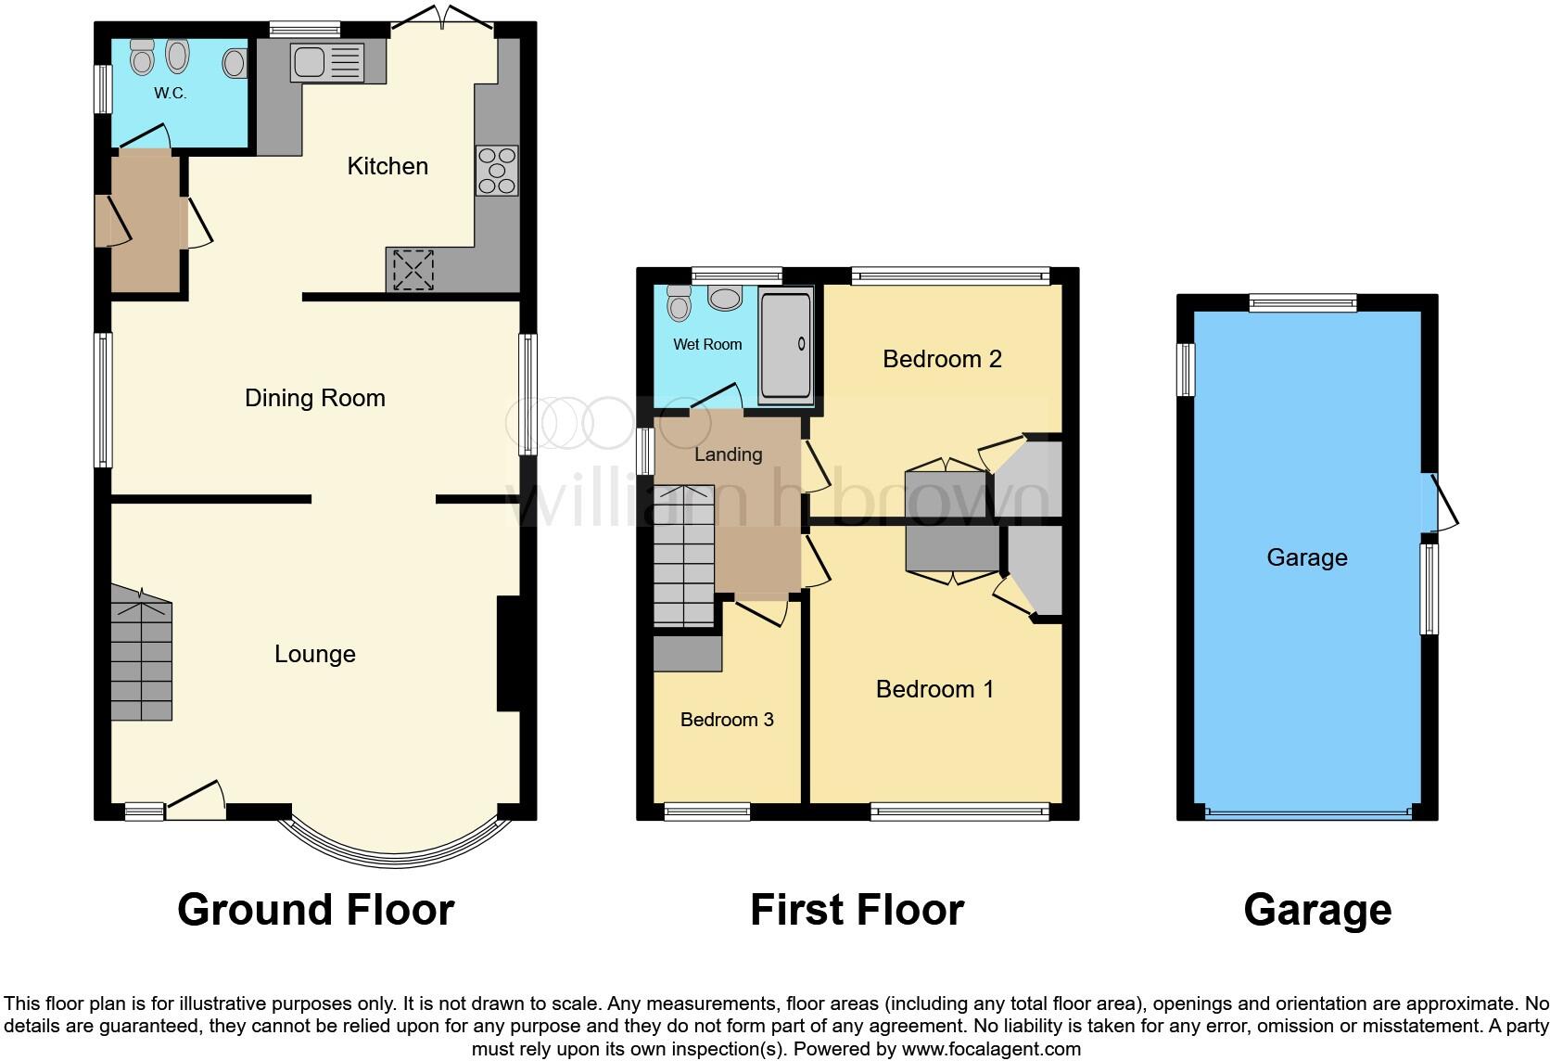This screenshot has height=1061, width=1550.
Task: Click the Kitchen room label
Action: (387, 166)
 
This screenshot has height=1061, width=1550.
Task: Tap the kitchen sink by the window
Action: (327, 62)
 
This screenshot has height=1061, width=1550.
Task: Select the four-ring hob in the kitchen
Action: (497, 172)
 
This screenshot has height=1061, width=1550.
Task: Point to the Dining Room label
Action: (314, 398)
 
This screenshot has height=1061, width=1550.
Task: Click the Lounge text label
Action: (314, 654)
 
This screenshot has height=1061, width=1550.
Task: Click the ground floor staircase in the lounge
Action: (141, 658)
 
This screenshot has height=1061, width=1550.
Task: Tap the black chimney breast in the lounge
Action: (508, 654)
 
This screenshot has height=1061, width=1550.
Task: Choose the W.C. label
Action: (171, 93)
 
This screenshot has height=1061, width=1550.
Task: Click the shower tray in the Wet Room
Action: (785, 344)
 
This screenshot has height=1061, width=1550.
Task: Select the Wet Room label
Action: (707, 344)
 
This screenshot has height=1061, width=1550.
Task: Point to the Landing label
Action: (728, 454)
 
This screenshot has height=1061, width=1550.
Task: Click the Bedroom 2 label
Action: (942, 359)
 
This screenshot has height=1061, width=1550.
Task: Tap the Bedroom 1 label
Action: (934, 689)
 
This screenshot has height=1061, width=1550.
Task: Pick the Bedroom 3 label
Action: (727, 720)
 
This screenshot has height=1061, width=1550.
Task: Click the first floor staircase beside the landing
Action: (684, 556)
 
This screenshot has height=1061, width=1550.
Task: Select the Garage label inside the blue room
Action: (1306, 557)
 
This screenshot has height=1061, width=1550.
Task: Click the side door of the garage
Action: (1441, 504)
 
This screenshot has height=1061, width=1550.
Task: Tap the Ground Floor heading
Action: (315, 910)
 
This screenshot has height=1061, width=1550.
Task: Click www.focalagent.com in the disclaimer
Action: (991, 1050)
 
